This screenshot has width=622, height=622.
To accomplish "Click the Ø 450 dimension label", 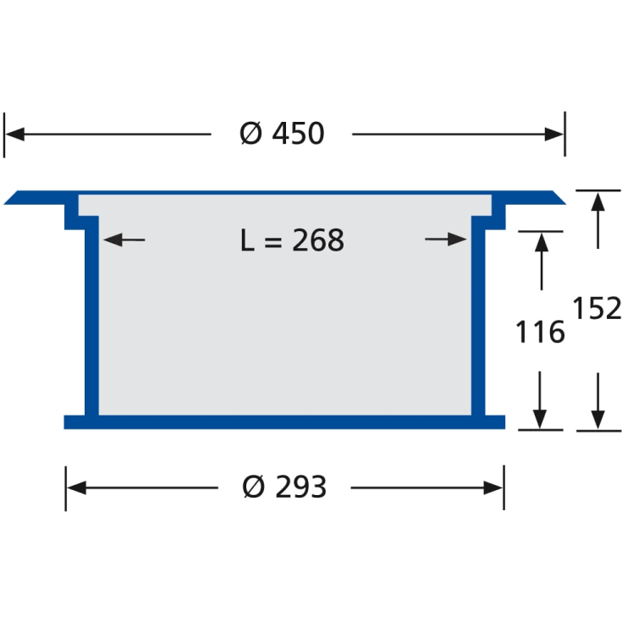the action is (x=282, y=134).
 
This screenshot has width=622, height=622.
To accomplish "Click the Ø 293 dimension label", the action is (x=284, y=487).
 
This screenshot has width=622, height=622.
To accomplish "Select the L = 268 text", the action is (x=292, y=240).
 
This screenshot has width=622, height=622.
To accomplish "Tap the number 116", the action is (x=540, y=332).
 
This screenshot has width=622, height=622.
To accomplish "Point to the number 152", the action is (x=597, y=308).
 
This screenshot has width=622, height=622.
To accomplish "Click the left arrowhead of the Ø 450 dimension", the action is (x=14, y=134).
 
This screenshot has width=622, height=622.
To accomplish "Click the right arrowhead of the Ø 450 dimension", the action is (x=553, y=134).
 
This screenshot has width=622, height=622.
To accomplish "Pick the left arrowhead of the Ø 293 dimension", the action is (x=76, y=487).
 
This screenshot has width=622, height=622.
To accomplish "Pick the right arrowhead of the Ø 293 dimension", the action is (x=493, y=487).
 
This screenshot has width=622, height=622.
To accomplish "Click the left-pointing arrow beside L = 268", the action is (x=124, y=239).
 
